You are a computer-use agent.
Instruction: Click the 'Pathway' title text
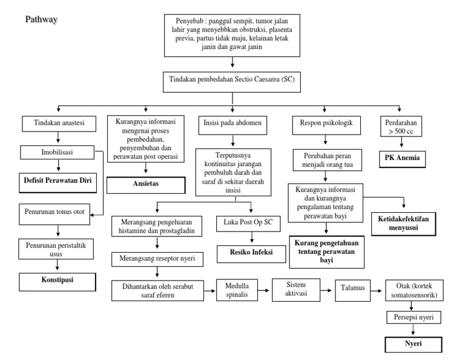41,19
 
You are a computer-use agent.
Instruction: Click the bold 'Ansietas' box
147,184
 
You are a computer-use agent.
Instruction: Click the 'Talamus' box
352,289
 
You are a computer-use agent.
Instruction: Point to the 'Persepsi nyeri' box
413,317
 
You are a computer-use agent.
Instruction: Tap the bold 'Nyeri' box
413,344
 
